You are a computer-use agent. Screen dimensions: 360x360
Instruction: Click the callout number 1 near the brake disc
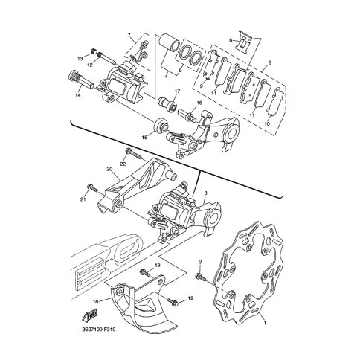point(265,323)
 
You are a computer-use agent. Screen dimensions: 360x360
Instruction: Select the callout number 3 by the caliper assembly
point(205,193)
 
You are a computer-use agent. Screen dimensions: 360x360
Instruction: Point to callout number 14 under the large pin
point(78,95)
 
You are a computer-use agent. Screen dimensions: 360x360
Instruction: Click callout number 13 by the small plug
point(80,59)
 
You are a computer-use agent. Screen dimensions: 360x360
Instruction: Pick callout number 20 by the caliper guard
point(109,170)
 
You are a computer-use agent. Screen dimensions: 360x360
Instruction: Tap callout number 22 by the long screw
point(123,164)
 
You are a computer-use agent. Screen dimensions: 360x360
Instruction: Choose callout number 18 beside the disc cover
point(96,301)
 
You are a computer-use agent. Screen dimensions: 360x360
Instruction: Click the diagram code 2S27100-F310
point(98,330)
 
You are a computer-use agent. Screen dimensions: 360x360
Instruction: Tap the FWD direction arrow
point(89,314)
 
